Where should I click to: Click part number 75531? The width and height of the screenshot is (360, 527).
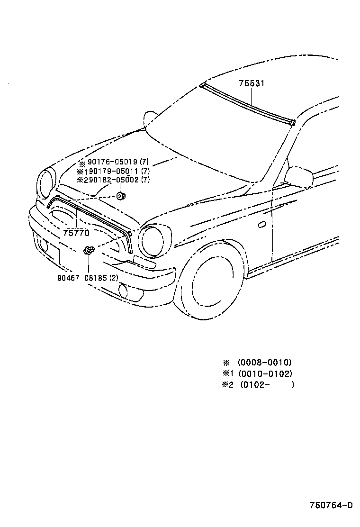click(x=251, y=83)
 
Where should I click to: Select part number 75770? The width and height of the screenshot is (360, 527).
click(x=76, y=233)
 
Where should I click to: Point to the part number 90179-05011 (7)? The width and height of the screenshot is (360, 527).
click(x=118, y=171)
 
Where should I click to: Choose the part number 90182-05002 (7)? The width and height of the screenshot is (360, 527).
click(x=118, y=180)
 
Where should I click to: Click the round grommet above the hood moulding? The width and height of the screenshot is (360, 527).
click(x=121, y=195)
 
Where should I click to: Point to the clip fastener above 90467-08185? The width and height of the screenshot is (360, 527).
click(x=88, y=250)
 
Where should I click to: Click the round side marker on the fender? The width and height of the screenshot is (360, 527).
click(x=262, y=224)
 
